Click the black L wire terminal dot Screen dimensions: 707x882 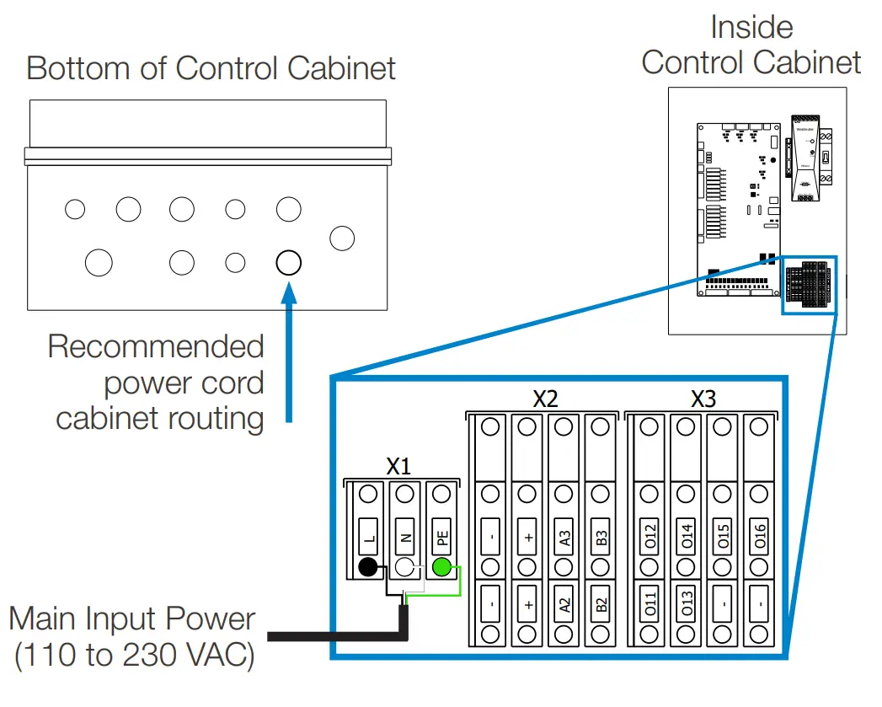click(367, 566)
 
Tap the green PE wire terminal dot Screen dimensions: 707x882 click(441, 566)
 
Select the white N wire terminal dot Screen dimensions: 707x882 click(404, 566)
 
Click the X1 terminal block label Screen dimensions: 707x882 click(398, 466)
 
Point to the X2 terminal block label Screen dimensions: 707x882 click(545, 399)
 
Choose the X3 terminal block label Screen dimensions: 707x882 click(703, 399)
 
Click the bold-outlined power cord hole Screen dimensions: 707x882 click(288, 262)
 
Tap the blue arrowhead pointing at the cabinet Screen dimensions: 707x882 click(289, 292)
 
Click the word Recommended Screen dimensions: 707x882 click(156, 346)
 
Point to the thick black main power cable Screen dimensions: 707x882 click(337, 633)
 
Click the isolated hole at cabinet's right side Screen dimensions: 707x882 click(342, 238)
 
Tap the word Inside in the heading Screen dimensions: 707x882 click(751, 27)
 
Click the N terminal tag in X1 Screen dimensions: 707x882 click(404, 538)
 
